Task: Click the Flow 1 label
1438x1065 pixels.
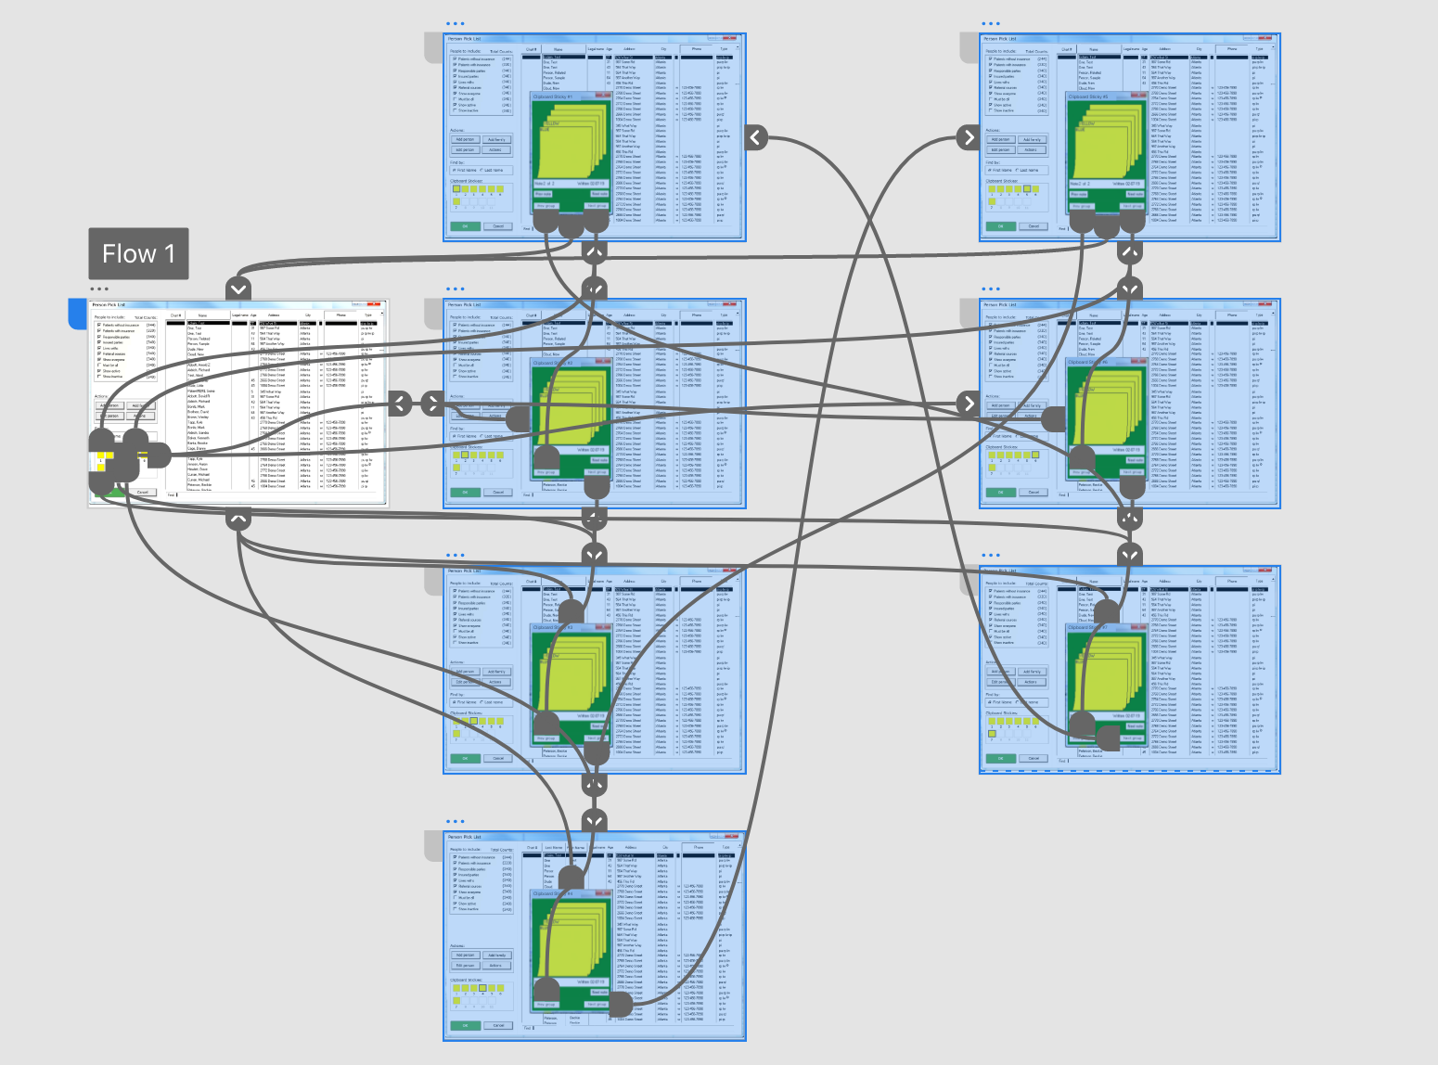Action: coord(138,253)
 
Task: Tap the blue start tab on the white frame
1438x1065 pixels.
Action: coord(77,314)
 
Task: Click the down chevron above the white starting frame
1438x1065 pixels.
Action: coord(238,289)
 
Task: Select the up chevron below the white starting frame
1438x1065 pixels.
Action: coord(238,519)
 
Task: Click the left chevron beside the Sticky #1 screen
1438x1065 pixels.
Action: coord(755,137)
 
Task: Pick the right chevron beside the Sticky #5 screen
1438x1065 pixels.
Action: coord(969,137)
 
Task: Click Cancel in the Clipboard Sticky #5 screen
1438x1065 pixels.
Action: coord(1034,226)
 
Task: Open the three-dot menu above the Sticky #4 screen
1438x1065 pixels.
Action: coord(455,822)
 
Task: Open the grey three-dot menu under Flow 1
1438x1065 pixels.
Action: coord(99,289)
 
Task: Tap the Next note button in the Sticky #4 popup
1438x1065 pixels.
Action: coord(599,992)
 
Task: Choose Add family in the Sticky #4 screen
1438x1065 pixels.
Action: coord(496,955)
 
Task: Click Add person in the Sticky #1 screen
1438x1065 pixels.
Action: coord(465,140)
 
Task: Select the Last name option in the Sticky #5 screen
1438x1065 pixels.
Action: coord(1028,171)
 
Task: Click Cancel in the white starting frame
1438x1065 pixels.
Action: coord(142,492)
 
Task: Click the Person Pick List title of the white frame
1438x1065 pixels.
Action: coord(109,304)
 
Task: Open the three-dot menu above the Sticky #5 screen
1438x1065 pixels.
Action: coord(991,24)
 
